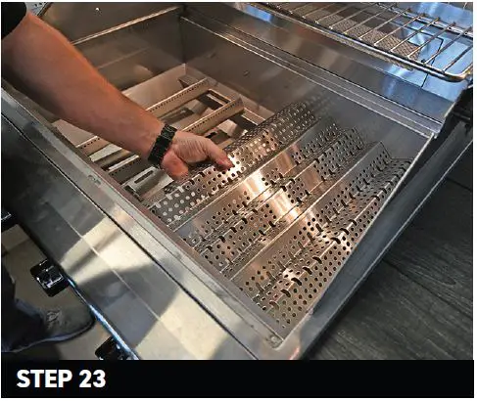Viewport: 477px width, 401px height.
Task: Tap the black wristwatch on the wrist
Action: [163, 145]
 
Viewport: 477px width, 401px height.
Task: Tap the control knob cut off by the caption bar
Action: [115, 350]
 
